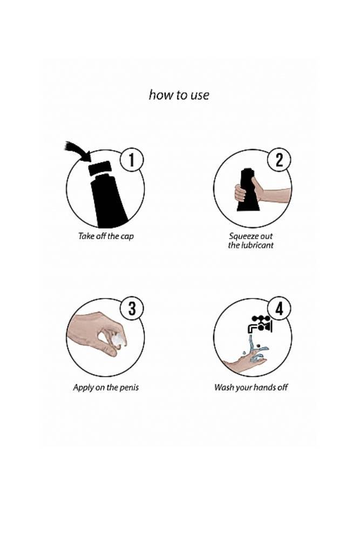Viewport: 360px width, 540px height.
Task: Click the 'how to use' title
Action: (x=179, y=94)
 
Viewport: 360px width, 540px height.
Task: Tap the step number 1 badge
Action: (x=132, y=160)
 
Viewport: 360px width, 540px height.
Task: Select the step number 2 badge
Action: (x=279, y=160)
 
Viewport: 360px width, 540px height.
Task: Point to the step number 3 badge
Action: (x=132, y=308)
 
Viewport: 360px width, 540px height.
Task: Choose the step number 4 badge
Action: (x=279, y=308)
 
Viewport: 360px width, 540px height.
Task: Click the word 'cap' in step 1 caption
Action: (x=127, y=237)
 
